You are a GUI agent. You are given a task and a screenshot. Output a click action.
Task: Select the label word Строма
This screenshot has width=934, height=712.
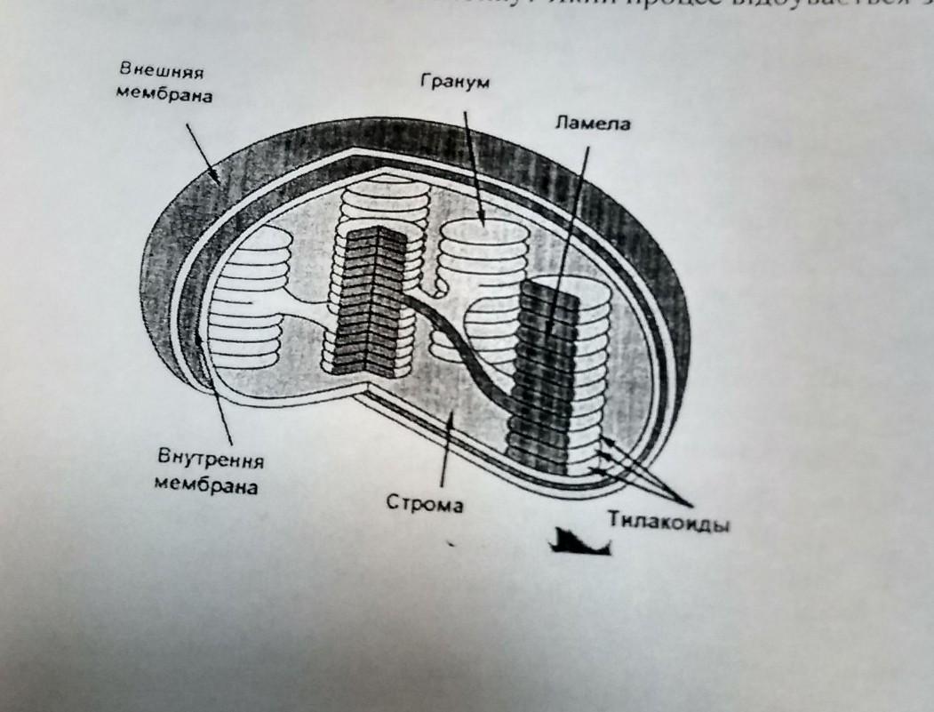(x=426, y=503)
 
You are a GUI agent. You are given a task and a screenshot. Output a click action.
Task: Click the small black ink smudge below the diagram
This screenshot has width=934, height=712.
(x=579, y=541)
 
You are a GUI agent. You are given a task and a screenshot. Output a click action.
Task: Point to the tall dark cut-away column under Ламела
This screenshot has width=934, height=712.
(x=544, y=373)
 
